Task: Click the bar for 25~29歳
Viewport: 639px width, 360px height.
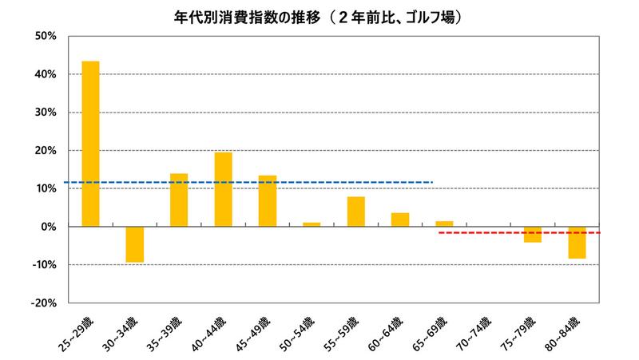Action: pyautogui.click(x=90, y=144)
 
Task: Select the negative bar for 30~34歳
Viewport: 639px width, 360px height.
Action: pyautogui.click(x=135, y=244)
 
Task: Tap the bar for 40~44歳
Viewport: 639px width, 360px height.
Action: pyautogui.click(x=224, y=189)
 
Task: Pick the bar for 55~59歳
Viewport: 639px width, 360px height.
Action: pyautogui.click(x=356, y=212)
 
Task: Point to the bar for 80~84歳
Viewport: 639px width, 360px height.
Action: pyautogui.click(x=577, y=243)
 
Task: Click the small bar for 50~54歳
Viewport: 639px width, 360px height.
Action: pyautogui.click(x=312, y=224)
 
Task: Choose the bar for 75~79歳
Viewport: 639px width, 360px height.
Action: pyautogui.click(x=533, y=235)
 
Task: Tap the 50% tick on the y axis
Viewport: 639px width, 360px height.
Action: pyautogui.click(x=44, y=36)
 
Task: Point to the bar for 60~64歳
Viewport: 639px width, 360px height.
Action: pyautogui.click(x=400, y=220)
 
